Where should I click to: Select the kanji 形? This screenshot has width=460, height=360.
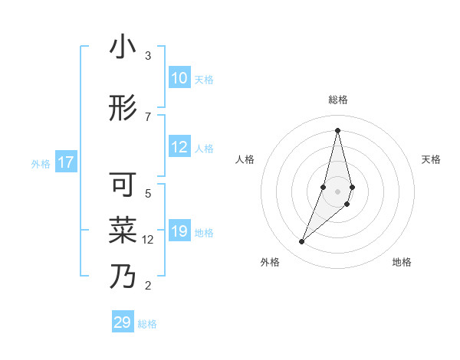(123, 109)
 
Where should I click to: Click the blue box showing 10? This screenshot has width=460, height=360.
(179, 78)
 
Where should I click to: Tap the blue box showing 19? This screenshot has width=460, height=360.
(179, 231)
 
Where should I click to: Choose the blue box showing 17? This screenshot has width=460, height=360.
(66, 162)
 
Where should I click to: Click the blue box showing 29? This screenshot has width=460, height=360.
(123, 322)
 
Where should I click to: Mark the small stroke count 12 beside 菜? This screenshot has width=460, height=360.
(148, 240)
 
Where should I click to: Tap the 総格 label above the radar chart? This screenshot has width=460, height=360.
(337, 100)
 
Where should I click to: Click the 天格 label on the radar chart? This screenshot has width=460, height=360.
(431, 159)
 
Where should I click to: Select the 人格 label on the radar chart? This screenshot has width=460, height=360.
(245, 159)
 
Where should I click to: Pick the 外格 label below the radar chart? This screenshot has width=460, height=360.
(270, 262)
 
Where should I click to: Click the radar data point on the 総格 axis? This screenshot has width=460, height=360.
(337, 130)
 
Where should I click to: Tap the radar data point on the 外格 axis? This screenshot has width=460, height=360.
(301, 242)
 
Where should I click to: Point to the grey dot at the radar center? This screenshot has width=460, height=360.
(337, 191)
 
